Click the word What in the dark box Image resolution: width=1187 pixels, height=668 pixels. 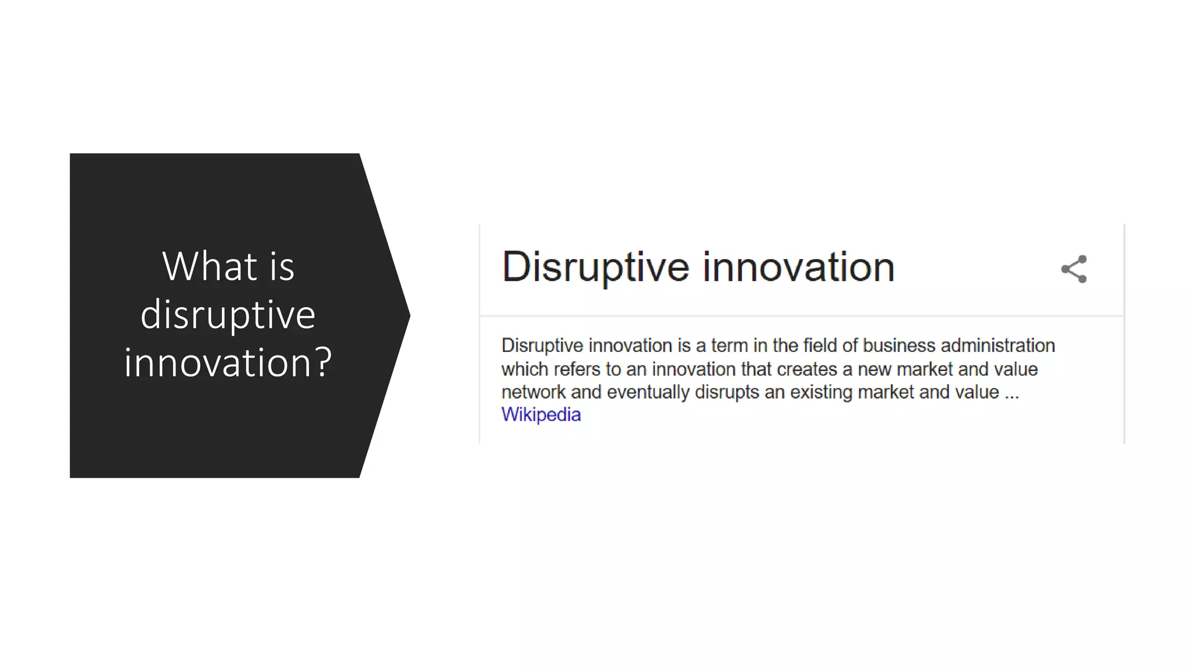coord(209,267)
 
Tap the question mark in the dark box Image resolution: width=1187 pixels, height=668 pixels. coord(321,362)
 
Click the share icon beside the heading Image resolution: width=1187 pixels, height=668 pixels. coord(1074,269)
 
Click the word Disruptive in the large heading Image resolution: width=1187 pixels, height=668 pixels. coord(595,268)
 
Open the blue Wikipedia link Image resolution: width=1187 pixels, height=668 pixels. coord(541,415)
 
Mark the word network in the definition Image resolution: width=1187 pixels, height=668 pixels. coord(533,393)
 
